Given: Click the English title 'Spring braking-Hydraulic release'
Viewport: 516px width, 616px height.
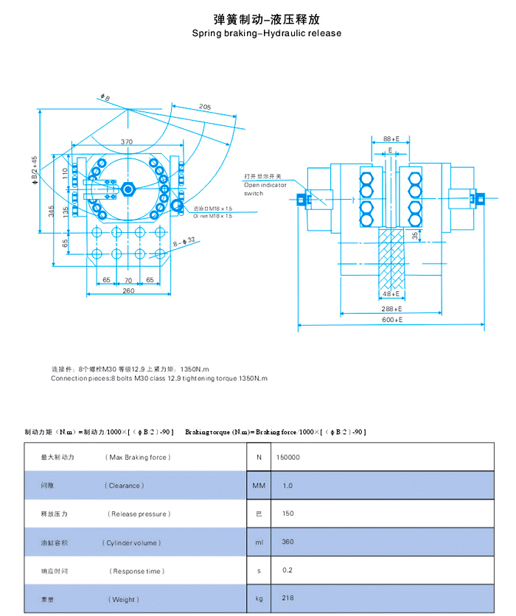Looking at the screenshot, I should [x=267, y=33].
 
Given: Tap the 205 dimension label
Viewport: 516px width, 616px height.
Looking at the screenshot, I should [x=204, y=108].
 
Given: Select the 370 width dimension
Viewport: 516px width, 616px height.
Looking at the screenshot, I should [x=127, y=141].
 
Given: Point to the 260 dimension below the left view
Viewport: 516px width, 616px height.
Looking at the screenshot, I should [x=128, y=290].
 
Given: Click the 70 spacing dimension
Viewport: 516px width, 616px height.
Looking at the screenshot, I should [x=128, y=280].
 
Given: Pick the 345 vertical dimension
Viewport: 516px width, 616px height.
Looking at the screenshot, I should [x=51, y=210].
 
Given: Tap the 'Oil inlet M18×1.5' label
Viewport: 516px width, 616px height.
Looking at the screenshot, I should [x=212, y=216].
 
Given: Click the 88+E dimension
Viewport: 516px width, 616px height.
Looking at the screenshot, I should [x=391, y=139].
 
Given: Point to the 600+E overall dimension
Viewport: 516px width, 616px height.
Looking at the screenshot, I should [x=391, y=321].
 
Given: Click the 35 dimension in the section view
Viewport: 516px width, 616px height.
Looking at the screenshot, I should [x=415, y=237].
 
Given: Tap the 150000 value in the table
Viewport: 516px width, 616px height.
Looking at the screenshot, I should [x=287, y=457].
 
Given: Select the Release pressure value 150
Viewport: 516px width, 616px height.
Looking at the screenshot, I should [x=287, y=514].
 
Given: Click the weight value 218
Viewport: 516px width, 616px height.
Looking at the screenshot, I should [x=287, y=598].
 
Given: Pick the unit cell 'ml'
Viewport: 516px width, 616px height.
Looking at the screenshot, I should [x=258, y=542].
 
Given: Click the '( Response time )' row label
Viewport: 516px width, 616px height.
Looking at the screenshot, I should [x=138, y=571].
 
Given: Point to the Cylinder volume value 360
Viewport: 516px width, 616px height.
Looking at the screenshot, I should [x=287, y=542].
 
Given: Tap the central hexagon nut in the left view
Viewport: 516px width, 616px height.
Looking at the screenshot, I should [x=129, y=189].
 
